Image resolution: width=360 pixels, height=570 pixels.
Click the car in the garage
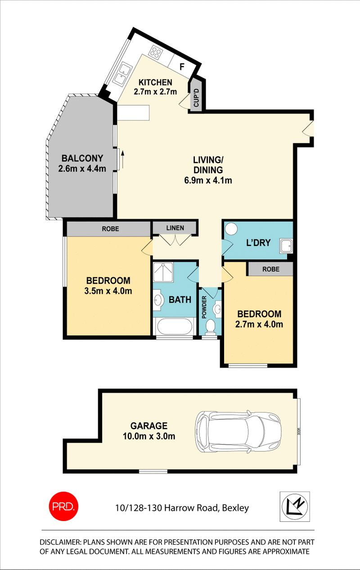pyautogui.click(x=238, y=425)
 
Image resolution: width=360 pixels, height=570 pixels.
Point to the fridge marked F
pyautogui.click(x=182, y=67)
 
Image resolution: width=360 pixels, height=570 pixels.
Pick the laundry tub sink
pyautogui.click(x=285, y=245)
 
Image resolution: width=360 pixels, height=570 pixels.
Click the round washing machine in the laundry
pyautogui.click(x=231, y=229)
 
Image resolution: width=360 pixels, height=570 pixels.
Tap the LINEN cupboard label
pyautogui.click(x=175, y=228)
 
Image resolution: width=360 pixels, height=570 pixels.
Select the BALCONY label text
pyautogui.click(x=82, y=158)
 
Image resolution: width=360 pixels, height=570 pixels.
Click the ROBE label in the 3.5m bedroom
pyautogui.click(x=110, y=229)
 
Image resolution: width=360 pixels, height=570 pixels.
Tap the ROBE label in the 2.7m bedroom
pyautogui.click(x=270, y=269)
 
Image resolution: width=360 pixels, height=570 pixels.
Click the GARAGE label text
pyautogui.click(x=148, y=426)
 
